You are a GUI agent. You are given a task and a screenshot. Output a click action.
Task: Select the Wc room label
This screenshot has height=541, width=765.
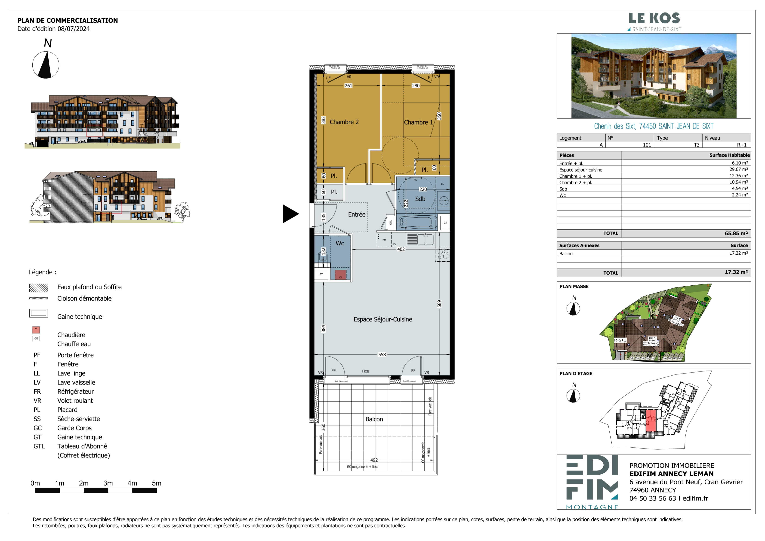(x=339, y=243)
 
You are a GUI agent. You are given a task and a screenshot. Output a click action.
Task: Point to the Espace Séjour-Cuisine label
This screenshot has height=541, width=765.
(x=382, y=319)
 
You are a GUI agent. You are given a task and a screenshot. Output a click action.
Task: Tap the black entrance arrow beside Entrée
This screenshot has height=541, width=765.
(x=290, y=214)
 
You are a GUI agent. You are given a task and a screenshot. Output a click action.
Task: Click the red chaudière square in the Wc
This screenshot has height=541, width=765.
(x=340, y=275)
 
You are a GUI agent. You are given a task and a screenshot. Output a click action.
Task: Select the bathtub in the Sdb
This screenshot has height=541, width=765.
(x=417, y=222)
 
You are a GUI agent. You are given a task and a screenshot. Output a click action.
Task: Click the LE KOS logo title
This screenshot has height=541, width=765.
(x=654, y=18)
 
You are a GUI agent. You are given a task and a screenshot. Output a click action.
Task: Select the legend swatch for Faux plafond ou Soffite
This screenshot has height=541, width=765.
(x=39, y=288)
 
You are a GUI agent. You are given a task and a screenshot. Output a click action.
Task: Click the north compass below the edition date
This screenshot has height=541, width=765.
(x=46, y=65)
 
